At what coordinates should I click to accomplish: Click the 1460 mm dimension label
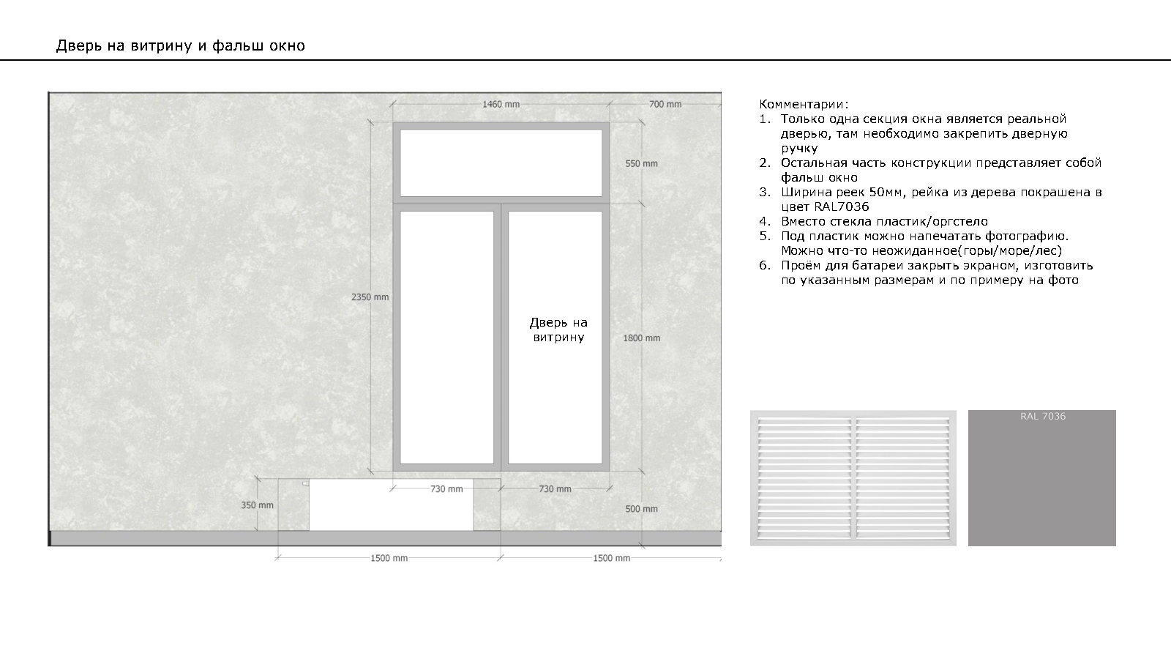[x=501, y=105]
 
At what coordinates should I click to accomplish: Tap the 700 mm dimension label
[x=665, y=105]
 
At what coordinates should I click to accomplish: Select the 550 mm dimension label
[x=641, y=164]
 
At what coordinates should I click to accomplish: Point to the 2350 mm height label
[x=370, y=297]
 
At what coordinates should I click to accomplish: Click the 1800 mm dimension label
[x=641, y=338]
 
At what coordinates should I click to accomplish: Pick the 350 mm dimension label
[x=257, y=505]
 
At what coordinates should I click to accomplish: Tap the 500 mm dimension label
[x=641, y=509]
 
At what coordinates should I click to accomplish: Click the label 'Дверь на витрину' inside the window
[x=558, y=329]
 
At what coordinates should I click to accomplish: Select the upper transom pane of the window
[x=501, y=163]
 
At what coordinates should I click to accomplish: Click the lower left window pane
[x=447, y=338]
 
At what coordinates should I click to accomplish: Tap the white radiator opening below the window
[x=391, y=505]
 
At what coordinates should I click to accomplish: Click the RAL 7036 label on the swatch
[x=1042, y=417]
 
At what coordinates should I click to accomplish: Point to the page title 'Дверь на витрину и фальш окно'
[x=180, y=46]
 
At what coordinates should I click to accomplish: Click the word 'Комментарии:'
[x=804, y=104]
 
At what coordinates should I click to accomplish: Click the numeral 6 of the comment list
[x=763, y=266]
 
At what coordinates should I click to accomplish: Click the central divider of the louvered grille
[x=853, y=478]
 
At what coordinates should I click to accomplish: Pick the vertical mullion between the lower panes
[x=501, y=338]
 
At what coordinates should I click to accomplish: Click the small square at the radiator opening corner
[x=305, y=484]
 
